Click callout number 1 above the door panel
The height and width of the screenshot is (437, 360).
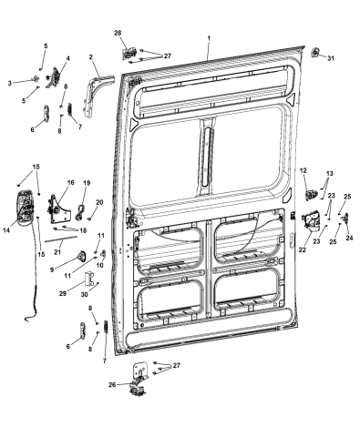209,39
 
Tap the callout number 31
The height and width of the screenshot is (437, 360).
331,59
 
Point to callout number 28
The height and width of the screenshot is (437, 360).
118,33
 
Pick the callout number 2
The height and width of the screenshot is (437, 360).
92,56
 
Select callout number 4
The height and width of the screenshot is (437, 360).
65,57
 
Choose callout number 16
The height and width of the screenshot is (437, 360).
68,183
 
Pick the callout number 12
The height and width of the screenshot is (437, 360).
303,169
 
